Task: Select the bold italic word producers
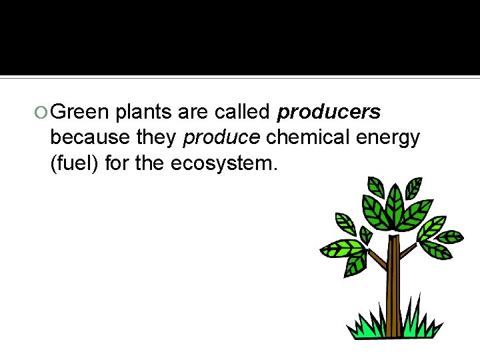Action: (329, 112)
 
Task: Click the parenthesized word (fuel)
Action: (75, 163)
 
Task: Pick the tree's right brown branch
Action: (408, 250)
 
